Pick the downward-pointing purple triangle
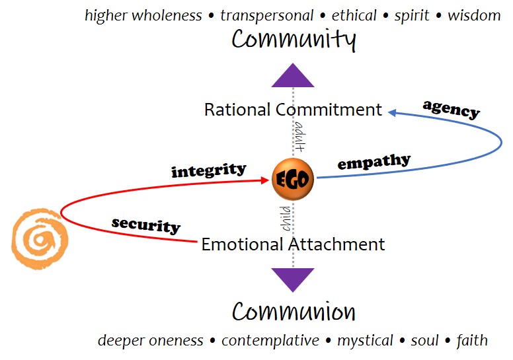[293, 279]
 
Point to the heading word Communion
[294, 311]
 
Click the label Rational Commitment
[293, 110]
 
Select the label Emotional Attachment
[293, 244]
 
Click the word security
[146, 225]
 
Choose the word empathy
[374, 162]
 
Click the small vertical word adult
[299, 136]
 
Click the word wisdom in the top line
[474, 15]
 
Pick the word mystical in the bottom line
[364, 341]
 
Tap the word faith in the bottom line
[472, 341]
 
